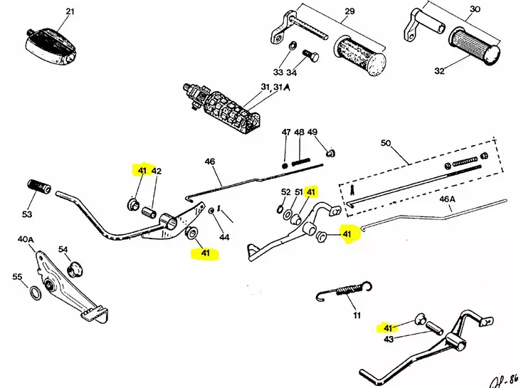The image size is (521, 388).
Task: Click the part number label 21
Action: [x=69, y=11]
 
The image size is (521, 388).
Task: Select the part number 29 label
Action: [x=349, y=11]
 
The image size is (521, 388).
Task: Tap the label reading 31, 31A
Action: [x=275, y=88]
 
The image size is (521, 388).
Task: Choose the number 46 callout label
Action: [x=210, y=162]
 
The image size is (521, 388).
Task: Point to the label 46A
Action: [x=446, y=200]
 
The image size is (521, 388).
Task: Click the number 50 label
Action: [x=386, y=143]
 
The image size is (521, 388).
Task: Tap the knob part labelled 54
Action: [x=75, y=270]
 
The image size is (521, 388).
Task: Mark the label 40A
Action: [x=26, y=240]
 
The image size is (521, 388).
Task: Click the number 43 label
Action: [x=388, y=339]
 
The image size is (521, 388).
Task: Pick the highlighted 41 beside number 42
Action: [x=142, y=171]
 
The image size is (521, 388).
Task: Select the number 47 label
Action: [x=286, y=132]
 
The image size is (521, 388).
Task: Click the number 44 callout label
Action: [x=224, y=236]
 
